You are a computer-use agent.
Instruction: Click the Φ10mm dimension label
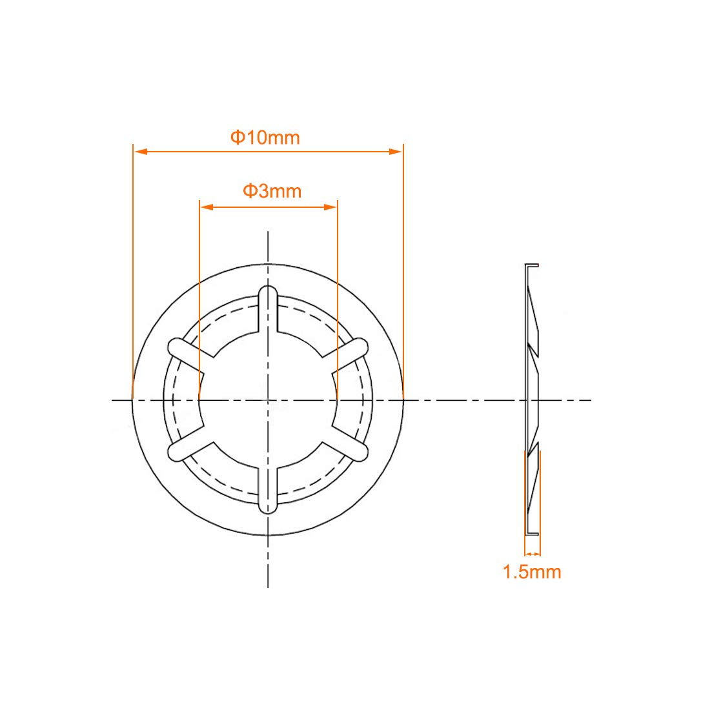[x=265, y=137]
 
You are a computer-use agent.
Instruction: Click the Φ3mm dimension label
[x=272, y=191]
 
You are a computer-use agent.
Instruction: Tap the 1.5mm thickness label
[x=532, y=572]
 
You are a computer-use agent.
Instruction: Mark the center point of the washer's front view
[x=268, y=400]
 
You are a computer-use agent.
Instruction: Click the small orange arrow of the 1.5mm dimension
[x=532, y=554]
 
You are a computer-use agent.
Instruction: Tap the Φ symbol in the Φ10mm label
[x=237, y=137]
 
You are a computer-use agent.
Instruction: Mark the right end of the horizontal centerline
[x=590, y=400]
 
